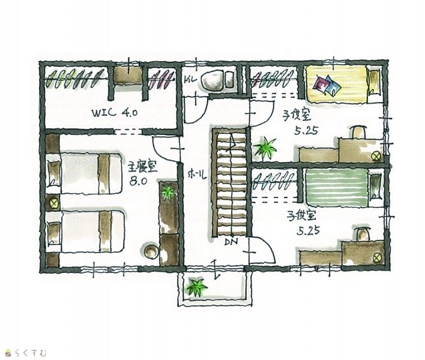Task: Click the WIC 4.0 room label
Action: (x=115, y=113)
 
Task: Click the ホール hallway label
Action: (x=197, y=175)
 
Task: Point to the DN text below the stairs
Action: (x=231, y=241)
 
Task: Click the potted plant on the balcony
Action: (x=196, y=287)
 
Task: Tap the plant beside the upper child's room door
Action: (x=265, y=148)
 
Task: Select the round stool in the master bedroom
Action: (x=151, y=251)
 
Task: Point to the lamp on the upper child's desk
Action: (x=376, y=156)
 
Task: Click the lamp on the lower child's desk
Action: (x=377, y=257)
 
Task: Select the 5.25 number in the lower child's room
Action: (x=308, y=231)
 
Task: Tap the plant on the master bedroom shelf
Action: (x=168, y=191)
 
